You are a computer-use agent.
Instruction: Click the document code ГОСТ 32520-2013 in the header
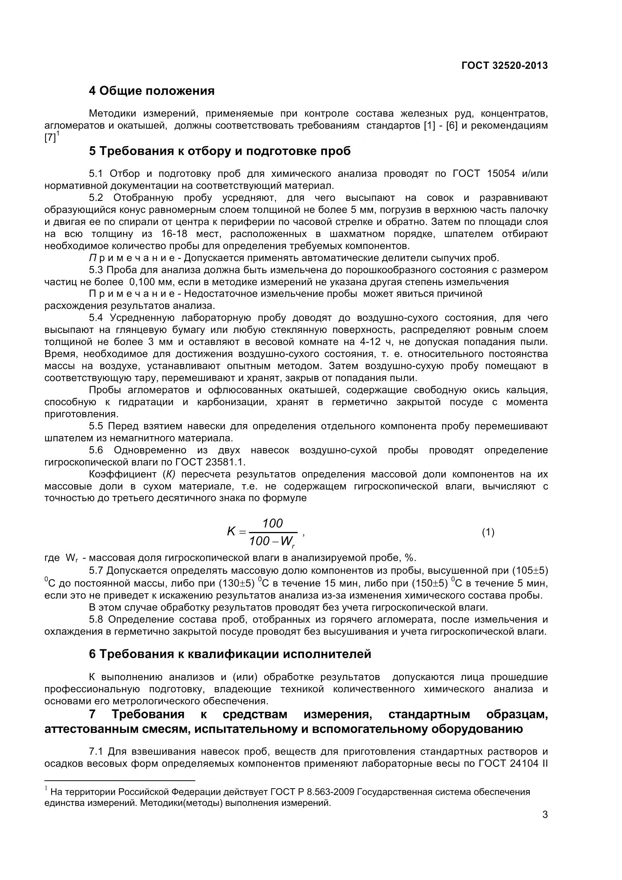point(504,65)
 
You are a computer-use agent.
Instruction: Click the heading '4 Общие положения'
point(152,91)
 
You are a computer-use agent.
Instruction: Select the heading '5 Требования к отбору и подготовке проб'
point(220,151)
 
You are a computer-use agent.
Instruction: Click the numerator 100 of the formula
point(272,523)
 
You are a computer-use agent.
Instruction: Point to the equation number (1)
point(488,532)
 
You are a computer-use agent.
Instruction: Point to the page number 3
point(544,825)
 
